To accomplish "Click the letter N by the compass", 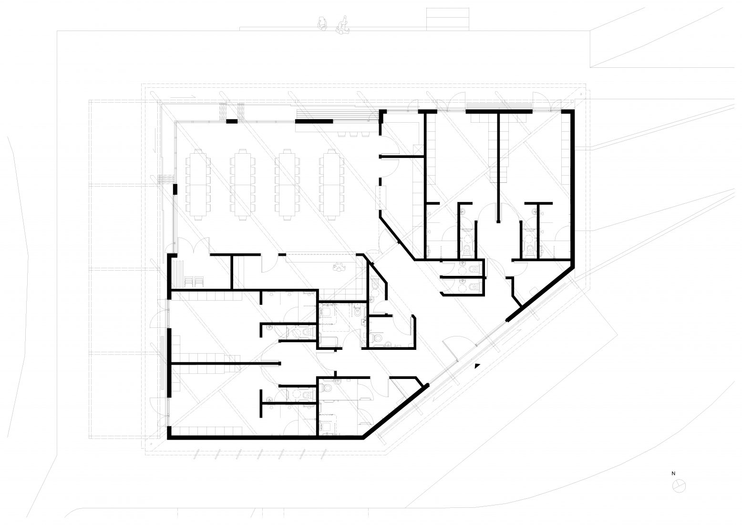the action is point(673,473).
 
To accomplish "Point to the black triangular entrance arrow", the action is point(477,366).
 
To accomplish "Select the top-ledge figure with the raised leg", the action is point(343,24).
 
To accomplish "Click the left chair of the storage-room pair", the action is point(188,282).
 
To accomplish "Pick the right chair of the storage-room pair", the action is point(199,282).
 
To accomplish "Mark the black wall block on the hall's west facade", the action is point(175,189).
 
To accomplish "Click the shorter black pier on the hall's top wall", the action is point(232,121).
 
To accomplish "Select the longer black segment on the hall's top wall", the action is point(314,121).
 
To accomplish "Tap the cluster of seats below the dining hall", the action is point(339,267).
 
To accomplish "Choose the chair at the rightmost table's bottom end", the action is point(331,219).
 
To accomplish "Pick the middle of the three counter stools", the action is point(353,134).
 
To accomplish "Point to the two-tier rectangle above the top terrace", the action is point(448,20).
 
